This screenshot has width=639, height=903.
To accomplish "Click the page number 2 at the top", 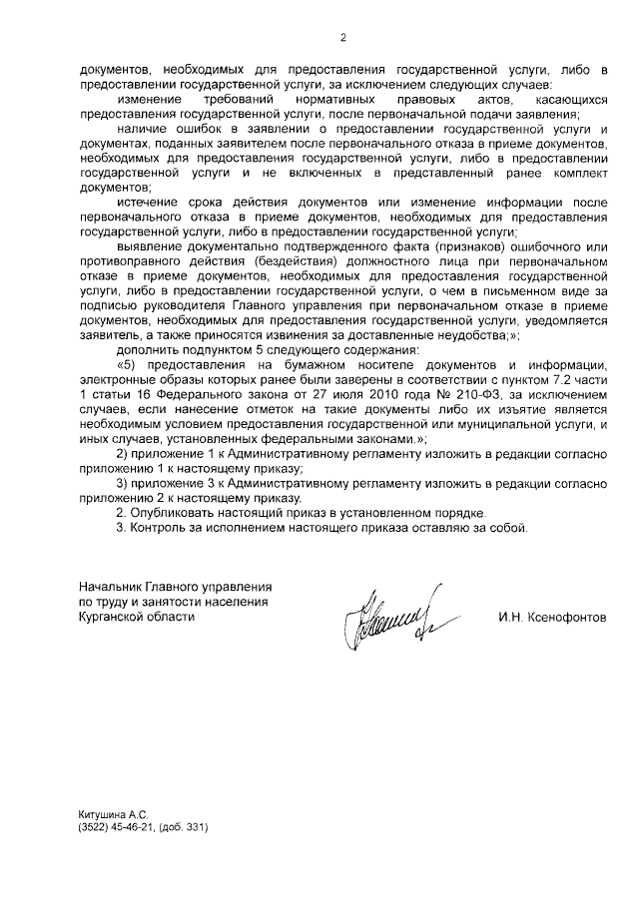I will pos(342,39).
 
